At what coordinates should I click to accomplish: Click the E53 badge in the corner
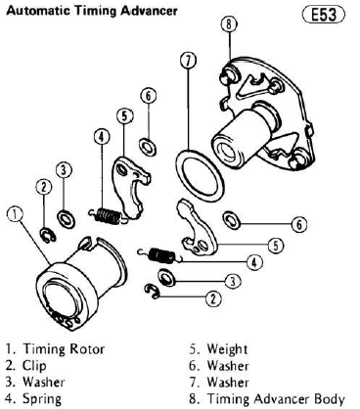pos(324,15)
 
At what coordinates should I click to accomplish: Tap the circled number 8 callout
pos(229,24)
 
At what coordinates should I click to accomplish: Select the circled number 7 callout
pos(188,61)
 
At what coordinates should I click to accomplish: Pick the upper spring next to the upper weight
pos(106,215)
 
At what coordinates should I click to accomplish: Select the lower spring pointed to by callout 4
pos(158,254)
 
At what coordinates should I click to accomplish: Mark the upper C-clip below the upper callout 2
pos(48,235)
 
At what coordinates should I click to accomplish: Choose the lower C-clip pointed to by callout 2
pos(153,291)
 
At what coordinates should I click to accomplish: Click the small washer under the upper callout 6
pos(148,146)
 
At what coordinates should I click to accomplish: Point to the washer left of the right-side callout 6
pos(232,220)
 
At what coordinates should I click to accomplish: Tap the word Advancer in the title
pos(149,11)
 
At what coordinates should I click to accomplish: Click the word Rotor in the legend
pos(87,349)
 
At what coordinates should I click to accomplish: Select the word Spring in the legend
pos(42,399)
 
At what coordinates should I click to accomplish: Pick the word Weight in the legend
pos(227,349)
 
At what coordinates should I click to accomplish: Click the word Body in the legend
pos(329,399)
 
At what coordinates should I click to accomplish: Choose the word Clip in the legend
pos(34,366)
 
